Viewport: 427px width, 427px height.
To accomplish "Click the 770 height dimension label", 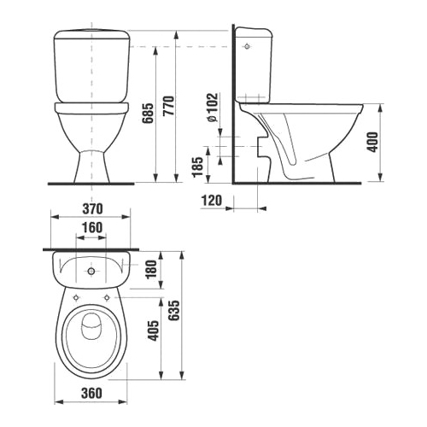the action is point(169,106).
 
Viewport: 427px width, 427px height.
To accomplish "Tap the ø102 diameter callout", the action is point(213,108).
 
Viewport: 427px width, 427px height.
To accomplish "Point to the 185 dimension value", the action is point(198,167).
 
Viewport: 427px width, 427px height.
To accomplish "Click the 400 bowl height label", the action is point(373,142).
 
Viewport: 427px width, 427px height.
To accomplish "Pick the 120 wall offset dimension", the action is point(212,201).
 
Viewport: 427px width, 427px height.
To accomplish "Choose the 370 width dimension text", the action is point(92,208).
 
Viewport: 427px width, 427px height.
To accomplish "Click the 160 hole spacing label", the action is point(92,227).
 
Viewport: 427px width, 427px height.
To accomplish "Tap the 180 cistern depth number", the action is point(151,269).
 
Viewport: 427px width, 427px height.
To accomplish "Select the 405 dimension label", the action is point(154,330).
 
